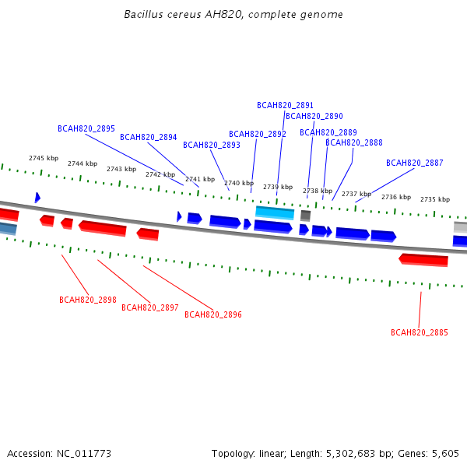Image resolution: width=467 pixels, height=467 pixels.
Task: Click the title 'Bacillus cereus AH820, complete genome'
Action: click(x=233, y=14)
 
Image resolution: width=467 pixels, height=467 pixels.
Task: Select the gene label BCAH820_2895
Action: click(x=86, y=128)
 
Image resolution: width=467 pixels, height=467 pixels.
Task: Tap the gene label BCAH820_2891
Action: click(x=285, y=105)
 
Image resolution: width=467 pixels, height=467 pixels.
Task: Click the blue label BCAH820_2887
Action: click(x=415, y=163)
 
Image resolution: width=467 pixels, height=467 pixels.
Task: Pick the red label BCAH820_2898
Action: click(x=87, y=300)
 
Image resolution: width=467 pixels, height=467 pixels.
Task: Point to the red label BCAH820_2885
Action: click(x=419, y=332)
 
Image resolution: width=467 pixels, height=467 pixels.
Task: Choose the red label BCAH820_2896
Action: click(x=213, y=314)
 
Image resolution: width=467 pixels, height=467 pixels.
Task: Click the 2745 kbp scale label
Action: click(x=44, y=158)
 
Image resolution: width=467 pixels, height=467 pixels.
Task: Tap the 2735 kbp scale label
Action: click(x=435, y=199)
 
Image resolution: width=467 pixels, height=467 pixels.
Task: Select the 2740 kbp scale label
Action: click(x=239, y=183)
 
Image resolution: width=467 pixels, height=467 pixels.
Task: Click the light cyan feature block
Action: click(x=275, y=212)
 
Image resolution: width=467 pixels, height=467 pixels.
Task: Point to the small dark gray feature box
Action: click(x=305, y=216)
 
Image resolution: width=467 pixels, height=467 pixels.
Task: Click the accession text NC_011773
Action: click(x=84, y=454)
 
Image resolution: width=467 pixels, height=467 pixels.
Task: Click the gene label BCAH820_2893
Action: click(x=212, y=145)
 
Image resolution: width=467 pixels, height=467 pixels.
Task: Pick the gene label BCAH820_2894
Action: click(x=149, y=137)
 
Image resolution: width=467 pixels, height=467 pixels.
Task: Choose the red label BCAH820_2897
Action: click(x=149, y=307)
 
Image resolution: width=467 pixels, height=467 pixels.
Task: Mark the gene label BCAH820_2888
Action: click(x=354, y=143)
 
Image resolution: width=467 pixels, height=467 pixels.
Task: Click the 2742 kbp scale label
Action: click(x=160, y=174)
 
